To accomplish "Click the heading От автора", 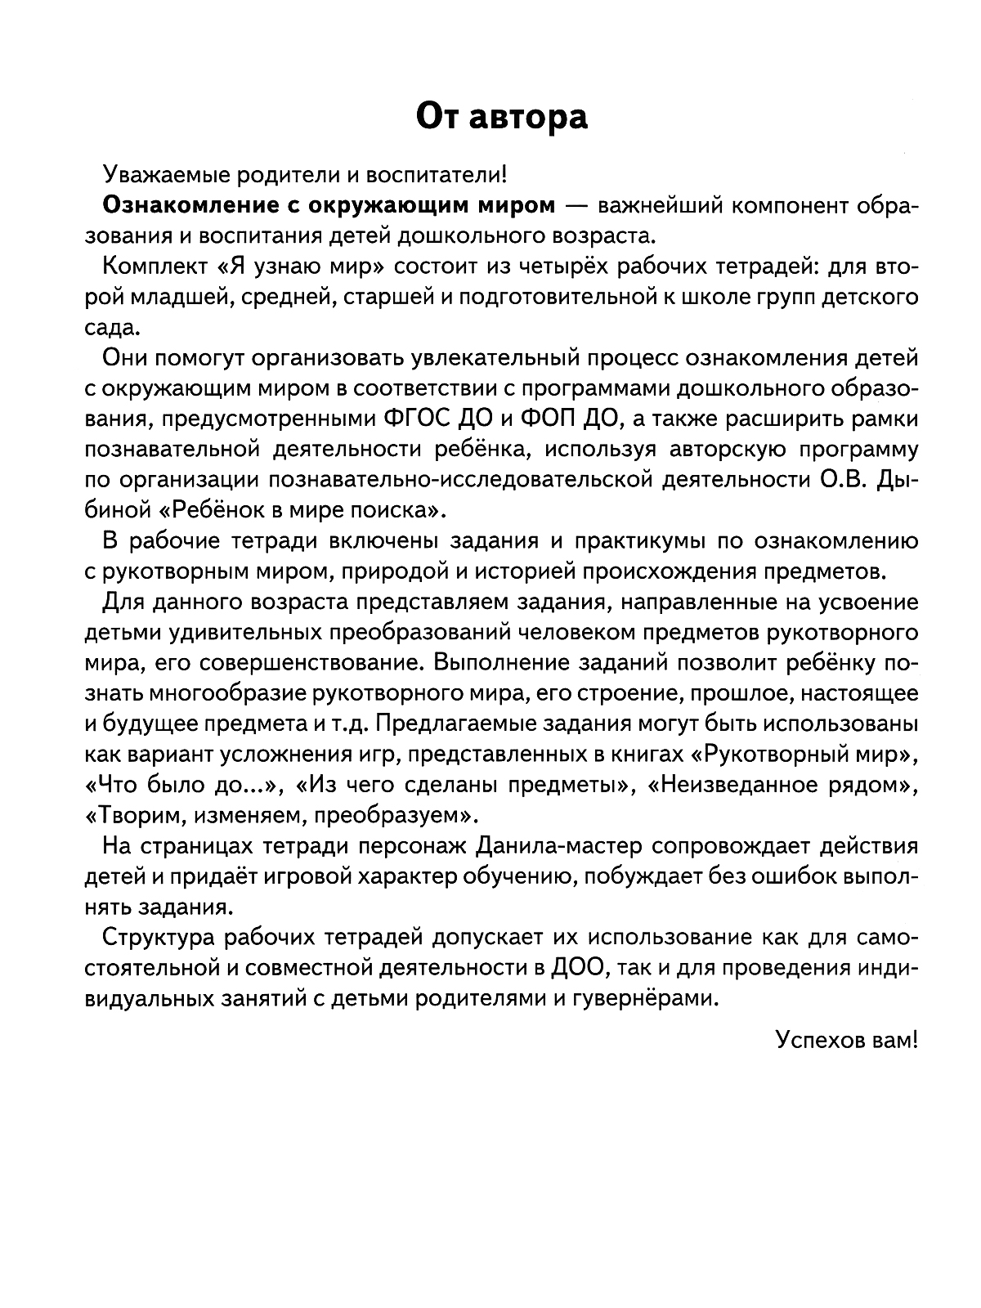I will [501, 117].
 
